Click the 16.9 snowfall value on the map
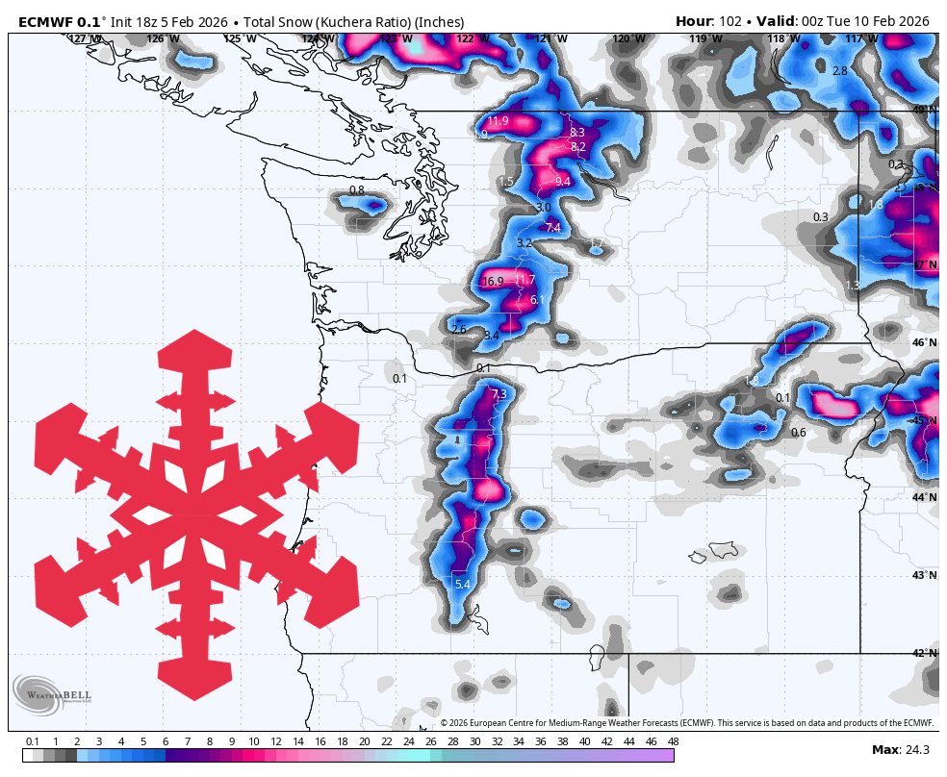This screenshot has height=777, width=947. click(493, 282)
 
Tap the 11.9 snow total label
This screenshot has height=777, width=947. click(498, 121)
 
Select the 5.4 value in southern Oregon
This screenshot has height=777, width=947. click(462, 584)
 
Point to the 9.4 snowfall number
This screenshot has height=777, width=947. click(563, 181)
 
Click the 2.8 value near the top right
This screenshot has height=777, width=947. click(839, 71)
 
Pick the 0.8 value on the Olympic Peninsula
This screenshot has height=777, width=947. click(356, 190)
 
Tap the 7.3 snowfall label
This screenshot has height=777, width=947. click(499, 394)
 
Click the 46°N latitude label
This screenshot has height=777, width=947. click(924, 342)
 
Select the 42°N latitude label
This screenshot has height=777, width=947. click(924, 653)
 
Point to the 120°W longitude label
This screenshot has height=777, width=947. click(628, 39)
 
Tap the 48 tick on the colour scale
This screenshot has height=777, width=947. click(673, 741)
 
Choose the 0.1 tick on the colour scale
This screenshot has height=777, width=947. click(32, 741)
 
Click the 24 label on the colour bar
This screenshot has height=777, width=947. click(408, 741)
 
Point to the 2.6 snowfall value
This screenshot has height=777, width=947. click(458, 330)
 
